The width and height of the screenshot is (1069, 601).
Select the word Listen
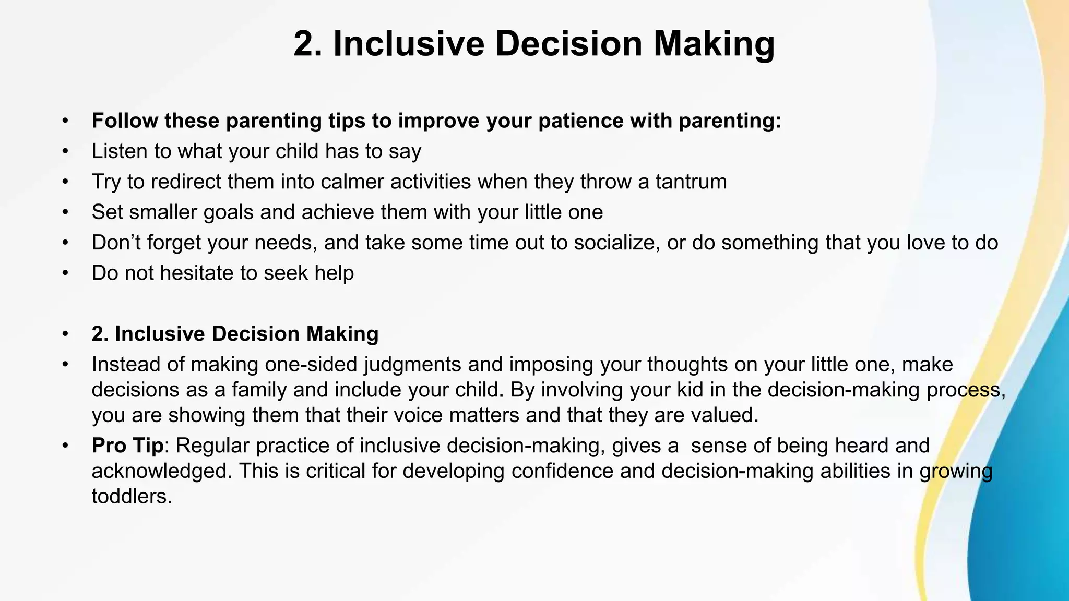[119, 151]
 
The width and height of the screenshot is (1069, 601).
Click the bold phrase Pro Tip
[127, 446]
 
